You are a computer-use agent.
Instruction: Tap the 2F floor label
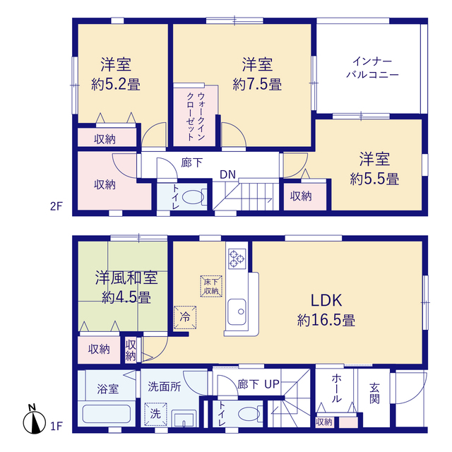[x=56, y=206]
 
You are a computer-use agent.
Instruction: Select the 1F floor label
[x=56, y=426]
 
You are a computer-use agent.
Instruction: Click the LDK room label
[x=326, y=300]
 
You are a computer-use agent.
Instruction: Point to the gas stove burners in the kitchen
[x=237, y=258]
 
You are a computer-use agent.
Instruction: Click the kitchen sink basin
[x=237, y=312]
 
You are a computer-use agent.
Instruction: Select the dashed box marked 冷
[x=185, y=317]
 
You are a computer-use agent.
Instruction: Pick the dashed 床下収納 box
[x=211, y=286]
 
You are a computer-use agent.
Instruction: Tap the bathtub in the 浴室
[x=107, y=415]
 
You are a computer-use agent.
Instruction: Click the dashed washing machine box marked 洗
[x=155, y=415]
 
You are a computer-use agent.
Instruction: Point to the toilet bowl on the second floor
[x=194, y=197]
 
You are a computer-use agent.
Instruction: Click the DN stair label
[x=227, y=174]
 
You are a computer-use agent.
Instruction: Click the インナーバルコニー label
[x=372, y=68]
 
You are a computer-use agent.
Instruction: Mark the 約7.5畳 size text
[x=257, y=84]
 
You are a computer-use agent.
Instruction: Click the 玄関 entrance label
[x=374, y=393]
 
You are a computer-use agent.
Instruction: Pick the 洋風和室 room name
[x=126, y=278]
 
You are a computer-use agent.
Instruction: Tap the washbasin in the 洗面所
[x=184, y=418]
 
